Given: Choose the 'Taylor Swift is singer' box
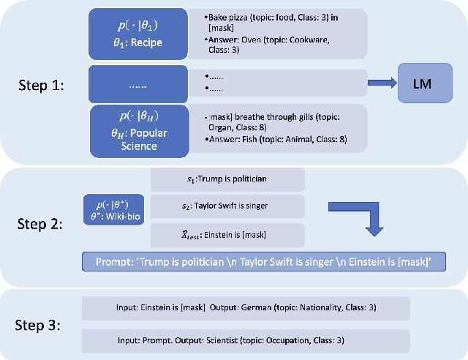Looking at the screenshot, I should pos(227,207).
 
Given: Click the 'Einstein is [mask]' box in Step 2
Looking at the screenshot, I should pos(227,234).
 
